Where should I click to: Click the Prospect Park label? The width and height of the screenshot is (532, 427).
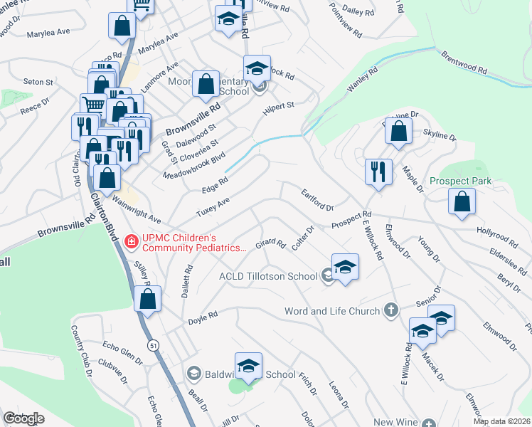coord(460,181)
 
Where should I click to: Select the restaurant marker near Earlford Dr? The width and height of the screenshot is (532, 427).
coord(378,172)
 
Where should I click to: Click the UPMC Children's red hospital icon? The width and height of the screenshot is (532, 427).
coord(131,242)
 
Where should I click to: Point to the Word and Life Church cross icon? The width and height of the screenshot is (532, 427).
coord(390,310)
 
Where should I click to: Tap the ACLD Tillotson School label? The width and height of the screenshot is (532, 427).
coord(268,276)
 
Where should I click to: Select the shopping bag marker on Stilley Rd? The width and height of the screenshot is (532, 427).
coord(147,299)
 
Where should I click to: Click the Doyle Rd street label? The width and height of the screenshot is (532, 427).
coord(202,322)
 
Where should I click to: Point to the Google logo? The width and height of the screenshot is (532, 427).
coord(23,418)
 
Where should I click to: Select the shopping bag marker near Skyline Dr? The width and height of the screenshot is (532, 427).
coord(400,131)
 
